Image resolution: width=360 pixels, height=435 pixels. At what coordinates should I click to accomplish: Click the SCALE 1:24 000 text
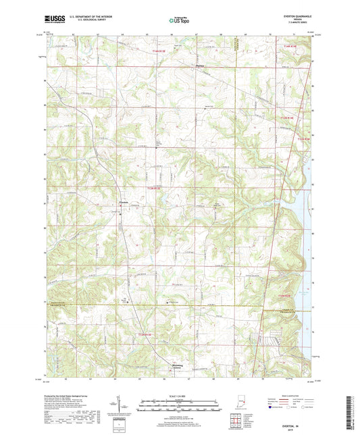[179, 396]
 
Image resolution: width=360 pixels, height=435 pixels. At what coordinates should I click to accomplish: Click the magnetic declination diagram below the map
[122, 405]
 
